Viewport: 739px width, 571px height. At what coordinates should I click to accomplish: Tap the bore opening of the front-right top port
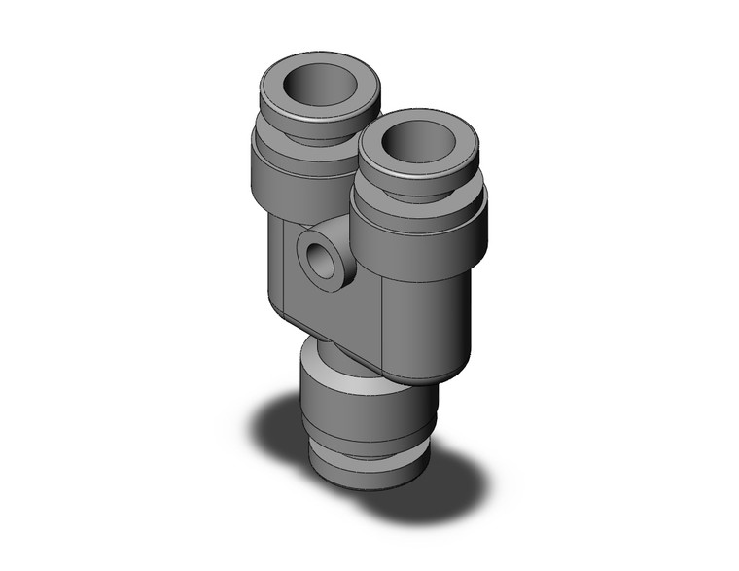(417, 147)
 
